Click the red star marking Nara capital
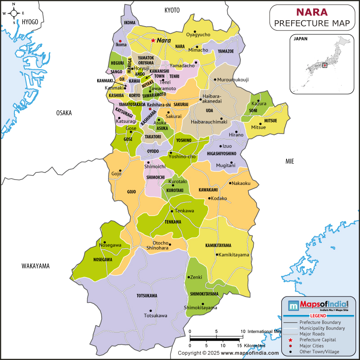point(153,40)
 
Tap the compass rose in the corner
point(13,13)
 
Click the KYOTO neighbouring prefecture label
point(172,10)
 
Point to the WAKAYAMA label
point(36,266)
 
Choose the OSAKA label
point(64,113)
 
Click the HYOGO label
point(30,22)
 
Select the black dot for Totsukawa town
point(151,311)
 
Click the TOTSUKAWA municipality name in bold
point(147,296)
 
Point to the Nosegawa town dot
point(104,242)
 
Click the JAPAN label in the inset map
point(301,39)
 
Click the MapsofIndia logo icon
point(293,306)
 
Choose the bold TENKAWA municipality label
point(173,222)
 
